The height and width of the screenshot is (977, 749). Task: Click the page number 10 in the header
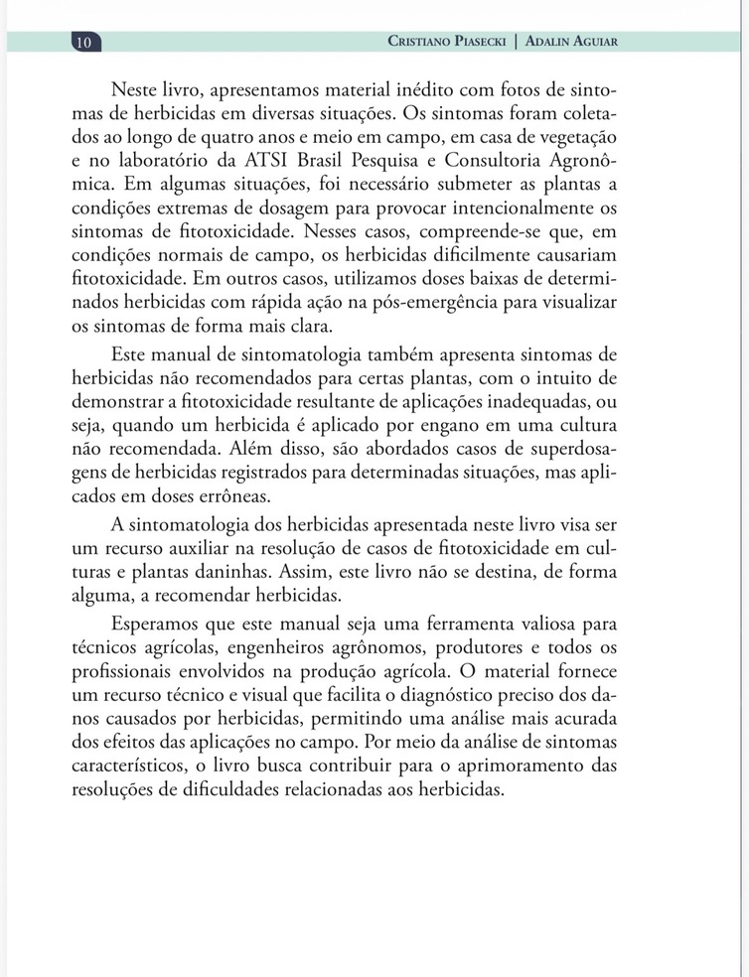(84, 42)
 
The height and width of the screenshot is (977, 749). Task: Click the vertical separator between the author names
(515, 42)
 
